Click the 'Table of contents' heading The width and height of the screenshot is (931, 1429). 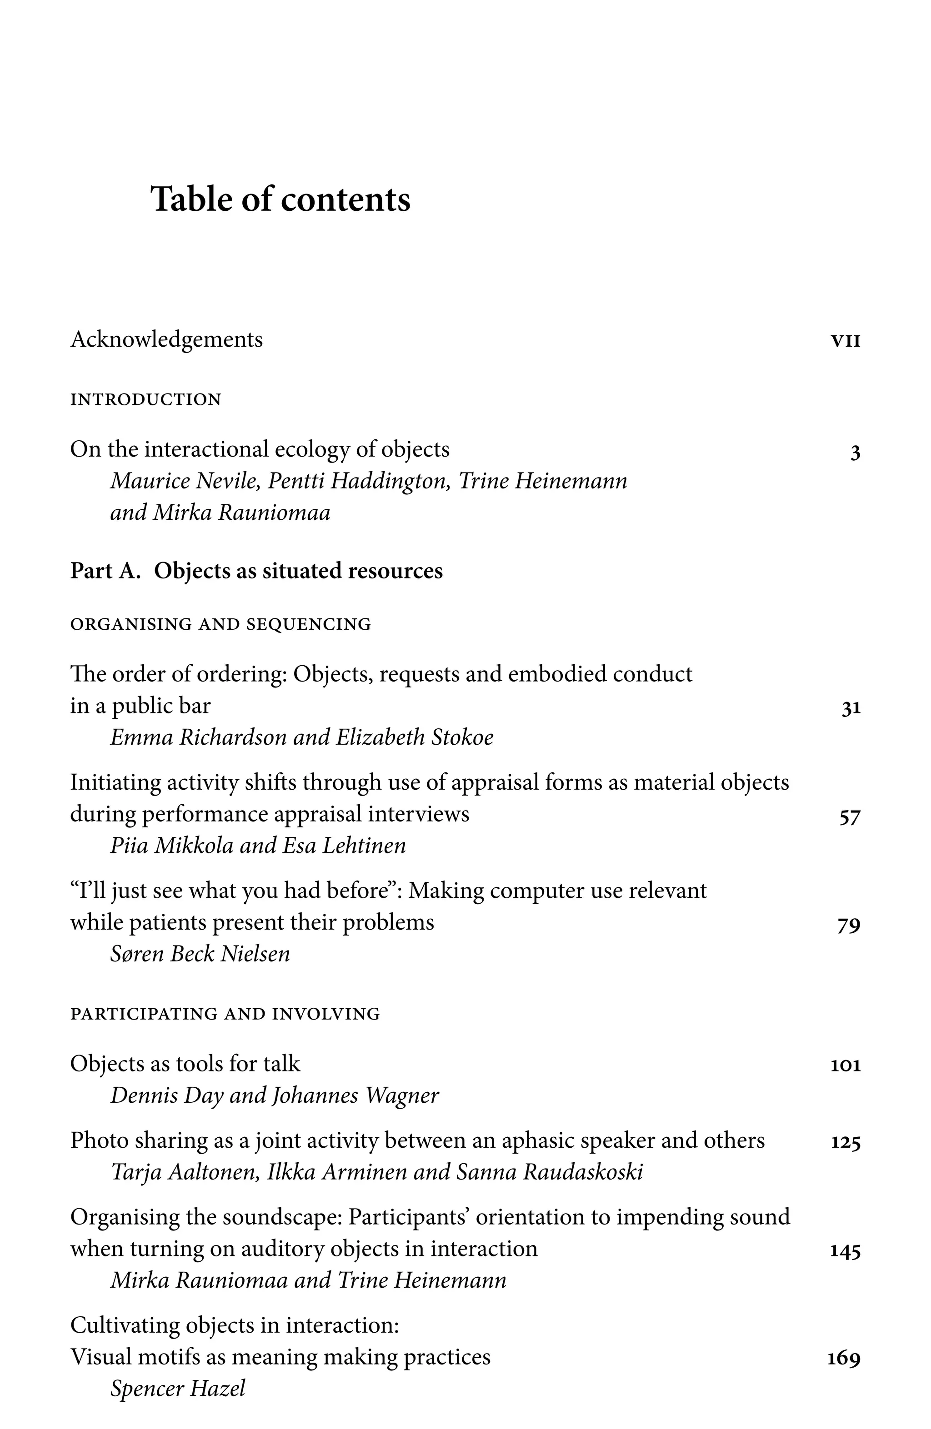pos(280,199)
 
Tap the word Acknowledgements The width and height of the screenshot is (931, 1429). pos(166,340)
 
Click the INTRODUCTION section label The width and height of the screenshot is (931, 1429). pos(146,400)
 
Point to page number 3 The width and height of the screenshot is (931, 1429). pos(855,453)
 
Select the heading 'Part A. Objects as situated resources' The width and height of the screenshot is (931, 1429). pos(256,570)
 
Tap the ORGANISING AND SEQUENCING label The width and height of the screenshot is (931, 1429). pos(220,624)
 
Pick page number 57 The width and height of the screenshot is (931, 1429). pos(849,817)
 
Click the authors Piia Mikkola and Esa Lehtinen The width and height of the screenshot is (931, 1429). pos(258,846)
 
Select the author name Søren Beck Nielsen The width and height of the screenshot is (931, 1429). pos(200,954)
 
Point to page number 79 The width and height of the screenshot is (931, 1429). pos(849,925)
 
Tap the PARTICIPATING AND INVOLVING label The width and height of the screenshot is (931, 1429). pos(225,1014)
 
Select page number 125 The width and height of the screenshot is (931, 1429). pos(845,1141)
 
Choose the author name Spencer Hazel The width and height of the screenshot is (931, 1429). pos(178,1388)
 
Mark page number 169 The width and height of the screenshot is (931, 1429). pos(844,1358)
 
